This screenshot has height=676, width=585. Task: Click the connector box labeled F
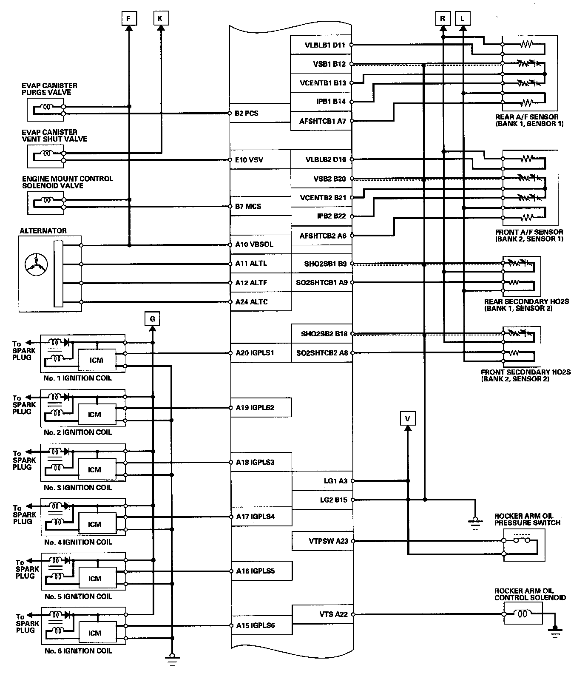[129, 18]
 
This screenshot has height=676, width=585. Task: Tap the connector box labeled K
[160, 18]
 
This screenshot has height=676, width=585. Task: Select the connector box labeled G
[153, 318]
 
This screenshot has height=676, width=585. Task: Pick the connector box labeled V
[408, 419]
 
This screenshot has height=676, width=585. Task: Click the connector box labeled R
[443, 18]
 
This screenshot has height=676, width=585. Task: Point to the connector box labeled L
[463, 18]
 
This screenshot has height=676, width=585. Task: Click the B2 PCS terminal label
[247, 114]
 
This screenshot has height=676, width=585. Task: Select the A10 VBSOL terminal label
[254, 244]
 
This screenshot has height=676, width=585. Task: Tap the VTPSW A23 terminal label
[328, 541]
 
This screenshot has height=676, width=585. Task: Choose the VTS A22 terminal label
[333, 614]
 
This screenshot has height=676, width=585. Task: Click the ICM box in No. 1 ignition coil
[97, 360]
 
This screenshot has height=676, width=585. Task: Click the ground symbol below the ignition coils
[172, 659]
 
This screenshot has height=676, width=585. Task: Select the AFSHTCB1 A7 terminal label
[323, 121]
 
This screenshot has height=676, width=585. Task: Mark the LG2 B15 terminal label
[333, 500]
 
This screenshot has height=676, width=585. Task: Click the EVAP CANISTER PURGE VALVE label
[49, 89]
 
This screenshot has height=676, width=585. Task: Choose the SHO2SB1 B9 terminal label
[325, 264]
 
